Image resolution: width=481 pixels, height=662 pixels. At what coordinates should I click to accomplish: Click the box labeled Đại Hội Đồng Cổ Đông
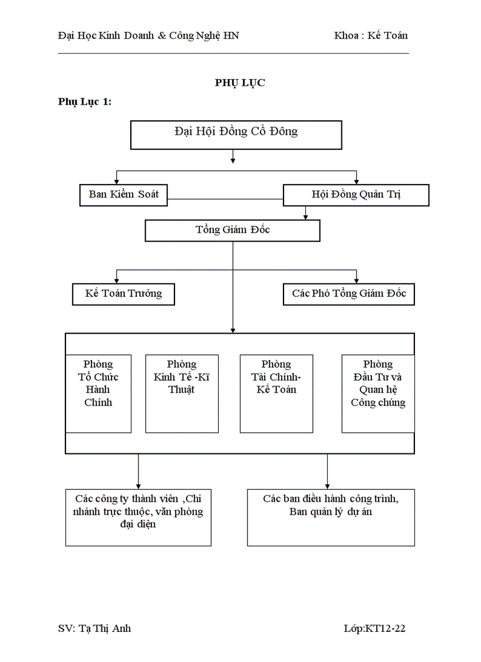click(x=236, y=135)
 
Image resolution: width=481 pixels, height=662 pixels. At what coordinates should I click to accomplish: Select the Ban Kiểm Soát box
click(x=124, y=195)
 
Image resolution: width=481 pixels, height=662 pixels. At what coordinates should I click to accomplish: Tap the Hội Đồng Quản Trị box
click(x=356, y=195)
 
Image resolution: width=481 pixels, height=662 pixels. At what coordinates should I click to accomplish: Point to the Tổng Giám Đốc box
click(x=232, y=230)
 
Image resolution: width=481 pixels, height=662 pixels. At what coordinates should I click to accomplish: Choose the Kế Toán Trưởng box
click(x=123, y=294)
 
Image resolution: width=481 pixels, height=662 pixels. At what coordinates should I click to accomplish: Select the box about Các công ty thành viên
click(x=138, y=517)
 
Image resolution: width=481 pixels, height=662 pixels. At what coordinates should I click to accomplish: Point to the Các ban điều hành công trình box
click(x=331, y=517)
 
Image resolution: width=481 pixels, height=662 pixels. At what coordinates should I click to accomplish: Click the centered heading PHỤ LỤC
click(x=240, y=83)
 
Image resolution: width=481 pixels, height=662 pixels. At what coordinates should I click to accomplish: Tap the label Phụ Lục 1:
click(x=85, y=102)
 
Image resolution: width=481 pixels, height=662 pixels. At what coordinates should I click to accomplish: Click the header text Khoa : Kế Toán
click(x=371, y=35)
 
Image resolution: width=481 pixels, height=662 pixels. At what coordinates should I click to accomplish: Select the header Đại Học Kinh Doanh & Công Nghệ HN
click(x=149, y=35)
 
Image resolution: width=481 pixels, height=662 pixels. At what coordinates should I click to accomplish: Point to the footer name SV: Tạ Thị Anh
click(x=95, y=628)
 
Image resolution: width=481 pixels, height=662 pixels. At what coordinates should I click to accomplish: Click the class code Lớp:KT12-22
click(x=374, y=628)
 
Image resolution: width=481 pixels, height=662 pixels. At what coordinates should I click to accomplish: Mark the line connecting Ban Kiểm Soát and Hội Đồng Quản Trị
click(x=225, y=199)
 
